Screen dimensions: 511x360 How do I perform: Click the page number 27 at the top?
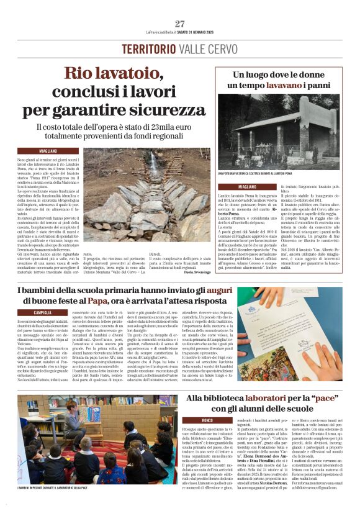[180, 24]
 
